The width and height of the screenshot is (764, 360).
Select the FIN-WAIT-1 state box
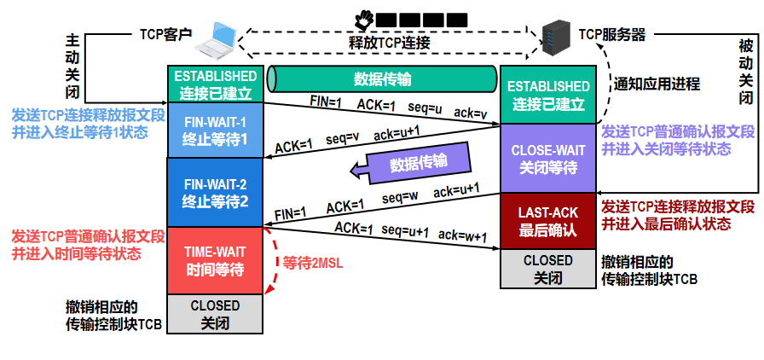coord(215,130)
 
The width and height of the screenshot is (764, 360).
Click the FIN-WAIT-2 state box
coord(215,192)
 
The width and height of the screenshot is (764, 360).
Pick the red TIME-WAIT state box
coord(215,260)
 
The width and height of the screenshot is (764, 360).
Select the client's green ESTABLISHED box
coord(215,84)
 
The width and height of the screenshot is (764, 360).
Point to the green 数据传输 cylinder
coord(382,79)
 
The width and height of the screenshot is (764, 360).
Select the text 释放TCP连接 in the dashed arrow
coord(390,42)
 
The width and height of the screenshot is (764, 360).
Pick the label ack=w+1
coord(462,235)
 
